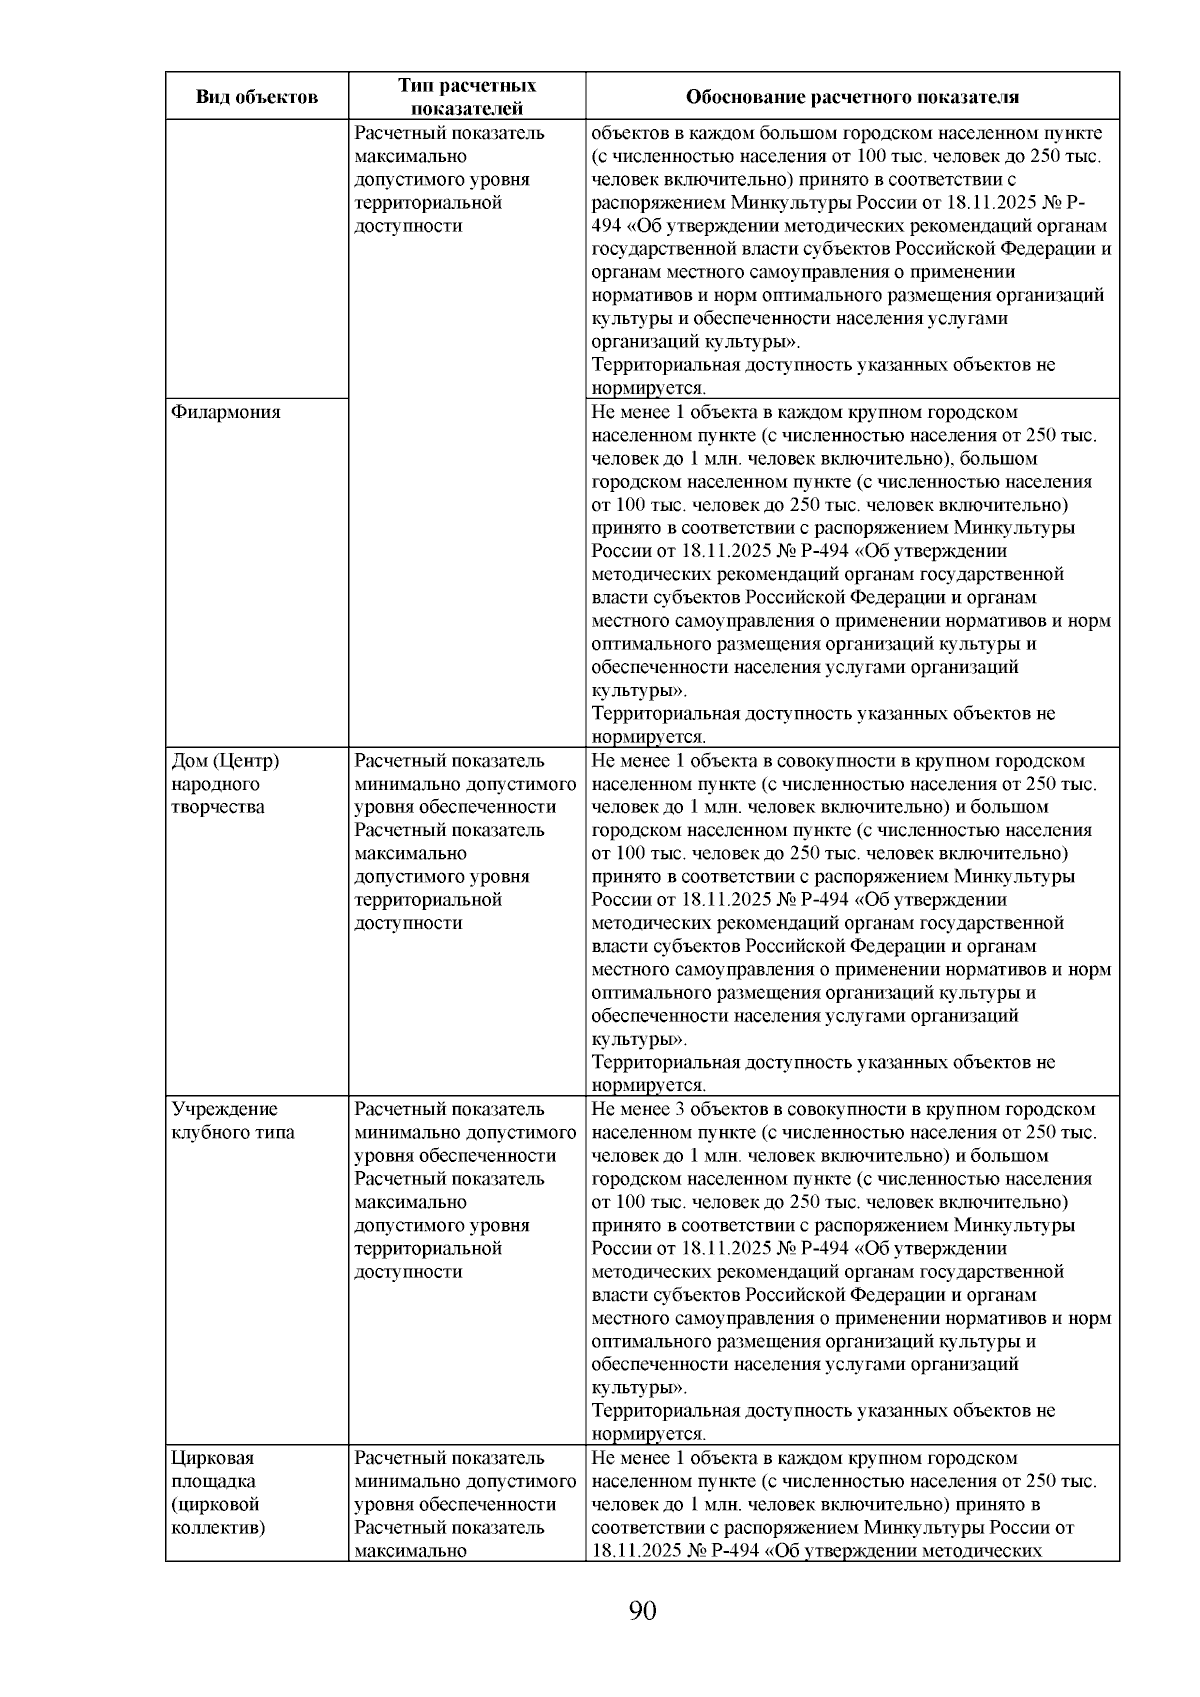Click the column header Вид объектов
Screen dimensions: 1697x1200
click(x=256, y=97)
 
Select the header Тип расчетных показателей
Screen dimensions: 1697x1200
click(x=466, y=97)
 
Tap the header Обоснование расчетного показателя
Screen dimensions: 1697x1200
click(x=852, y=97)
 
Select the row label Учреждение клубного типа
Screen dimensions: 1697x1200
click(x=233, y=1121)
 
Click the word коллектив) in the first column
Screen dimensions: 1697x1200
click(x=218, y=1528)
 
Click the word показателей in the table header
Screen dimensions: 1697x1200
click(x=467, y=109)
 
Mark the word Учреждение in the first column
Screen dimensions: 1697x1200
click(x=225, y=1109)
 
